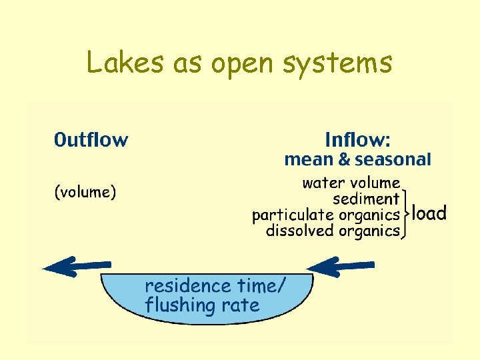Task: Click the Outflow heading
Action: tap(91, 140)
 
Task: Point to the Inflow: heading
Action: tap(357, 140)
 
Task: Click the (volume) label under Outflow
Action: tap(85, 193)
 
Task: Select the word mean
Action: tap(309, 160)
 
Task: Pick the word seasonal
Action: tap(393, 160)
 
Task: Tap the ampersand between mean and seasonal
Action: tap(344, 160)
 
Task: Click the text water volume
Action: tap(351, 183)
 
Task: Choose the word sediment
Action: tap(366, 199)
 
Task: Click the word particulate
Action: tap(293, 215)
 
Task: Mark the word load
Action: tap(429, 213)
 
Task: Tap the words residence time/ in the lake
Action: tap(215, 286)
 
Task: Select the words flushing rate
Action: tap(202, 306)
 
